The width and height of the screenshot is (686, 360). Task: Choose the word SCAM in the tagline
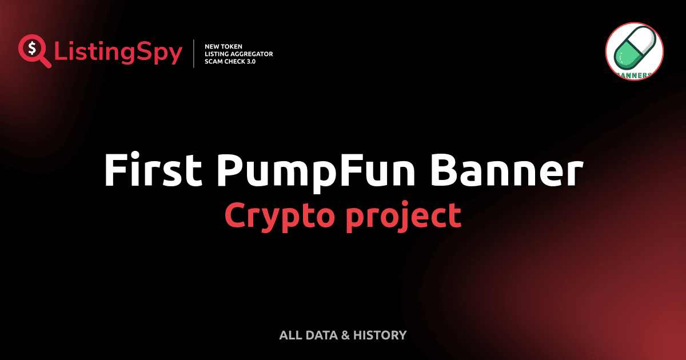click(214, 61)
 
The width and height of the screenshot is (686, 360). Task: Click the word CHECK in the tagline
click(234, 61)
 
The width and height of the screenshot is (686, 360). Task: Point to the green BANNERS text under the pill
click(634, 74)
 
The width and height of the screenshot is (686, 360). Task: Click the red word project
click(403, 217)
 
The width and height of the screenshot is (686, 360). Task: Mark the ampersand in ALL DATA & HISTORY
click(345, 335)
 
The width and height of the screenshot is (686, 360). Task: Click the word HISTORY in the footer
click(380, 335)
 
